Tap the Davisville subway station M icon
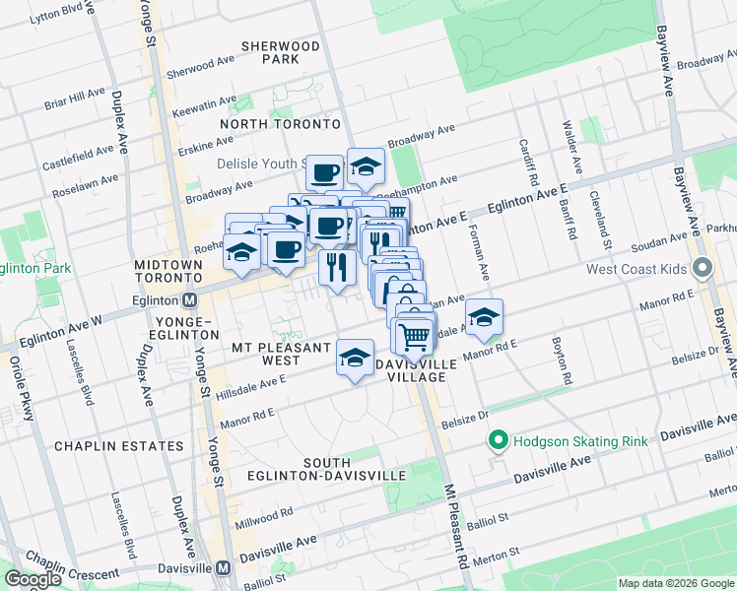point(224,568)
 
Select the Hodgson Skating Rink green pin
point(499,440)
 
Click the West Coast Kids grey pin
point(703,268)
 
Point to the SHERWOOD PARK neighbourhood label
point(281,52)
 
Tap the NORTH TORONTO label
point(280,124)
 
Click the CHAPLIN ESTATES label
point(118,446)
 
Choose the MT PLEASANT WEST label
point(281,354)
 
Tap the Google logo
point(33,579)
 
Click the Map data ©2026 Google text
point(675,583)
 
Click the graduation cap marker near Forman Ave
point(484,317)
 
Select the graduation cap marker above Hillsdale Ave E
point(355,359)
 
